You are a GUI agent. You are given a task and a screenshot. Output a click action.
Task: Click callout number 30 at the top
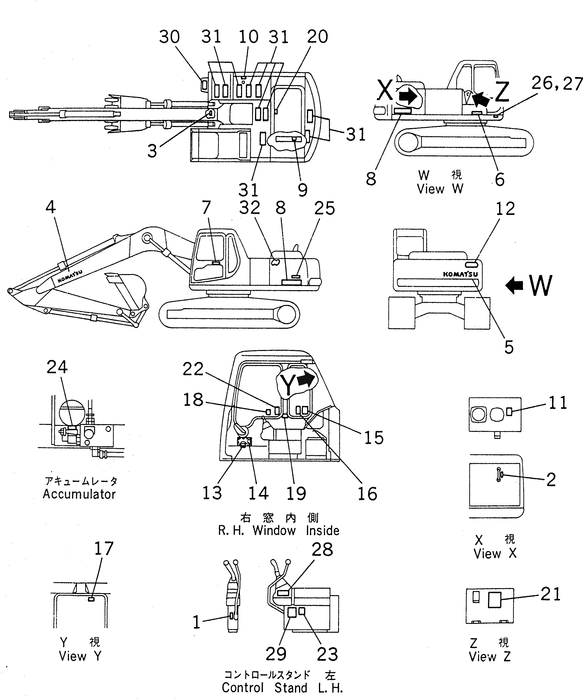[x=169, y=37]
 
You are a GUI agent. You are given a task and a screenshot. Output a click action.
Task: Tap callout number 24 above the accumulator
[x=57, y=367]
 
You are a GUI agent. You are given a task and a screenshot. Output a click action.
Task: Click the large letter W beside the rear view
[x=540, y=286]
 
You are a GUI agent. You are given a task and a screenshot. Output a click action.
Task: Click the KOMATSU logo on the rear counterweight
[x=460, y=274]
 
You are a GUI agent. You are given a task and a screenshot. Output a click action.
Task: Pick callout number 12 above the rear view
[x=505, y=209]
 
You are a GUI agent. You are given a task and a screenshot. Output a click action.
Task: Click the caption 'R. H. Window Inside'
[x=278, y=530]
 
